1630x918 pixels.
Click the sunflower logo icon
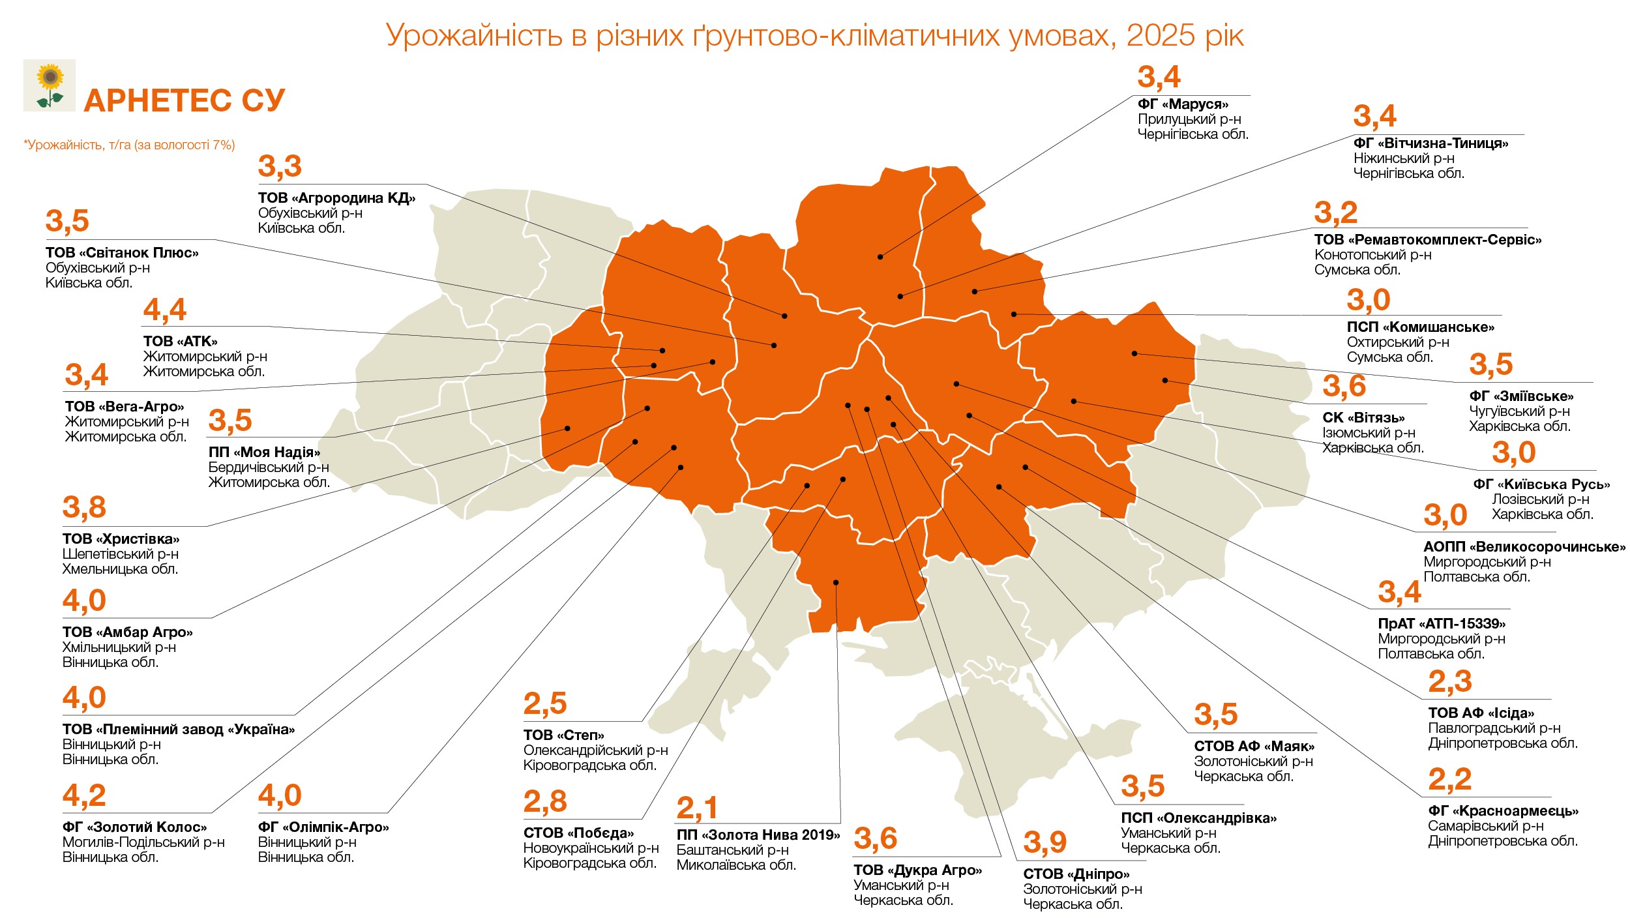coord(50,85)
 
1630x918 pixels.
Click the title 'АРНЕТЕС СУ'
coord(185,101)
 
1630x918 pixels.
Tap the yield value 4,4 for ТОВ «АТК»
coord(164,310)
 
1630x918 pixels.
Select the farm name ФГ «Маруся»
coord(1183,104)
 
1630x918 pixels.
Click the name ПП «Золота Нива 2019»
coord(758,835)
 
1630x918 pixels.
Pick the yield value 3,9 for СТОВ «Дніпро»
coord(1045,842)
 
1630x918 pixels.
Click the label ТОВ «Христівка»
coord(121,539)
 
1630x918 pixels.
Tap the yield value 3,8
coord(84,507)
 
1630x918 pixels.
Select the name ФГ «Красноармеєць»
coord(1503,811)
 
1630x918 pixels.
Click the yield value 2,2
coord(1449,779)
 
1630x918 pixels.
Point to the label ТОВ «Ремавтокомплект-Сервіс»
coord(1427,240)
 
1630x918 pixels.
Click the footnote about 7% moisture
coord(129,145)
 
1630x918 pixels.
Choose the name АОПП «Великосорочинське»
coord(1524,547)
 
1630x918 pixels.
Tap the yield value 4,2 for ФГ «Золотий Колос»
coord(84,795)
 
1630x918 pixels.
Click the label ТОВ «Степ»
coord(563,735)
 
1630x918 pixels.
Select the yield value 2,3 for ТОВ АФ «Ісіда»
coord(1449,682)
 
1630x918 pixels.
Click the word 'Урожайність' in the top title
coord(474,35)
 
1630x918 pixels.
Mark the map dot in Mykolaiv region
coord(836,582)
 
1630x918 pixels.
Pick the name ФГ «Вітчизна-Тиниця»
coord(1430,143)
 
